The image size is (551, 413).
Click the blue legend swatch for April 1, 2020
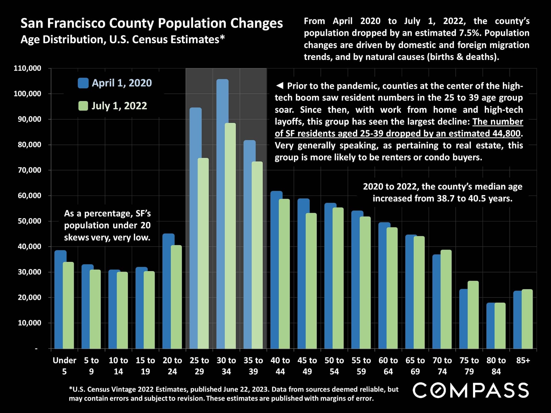click(x=83, y=83)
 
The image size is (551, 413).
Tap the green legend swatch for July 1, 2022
click(x=83, y=106)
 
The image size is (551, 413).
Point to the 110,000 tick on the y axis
click(x=28, y=68)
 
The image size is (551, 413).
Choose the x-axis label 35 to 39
click(x=253, y=366)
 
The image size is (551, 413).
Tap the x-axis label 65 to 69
click(x=415, y=366)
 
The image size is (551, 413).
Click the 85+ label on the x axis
click(x=523, y=360)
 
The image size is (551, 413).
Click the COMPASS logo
click(x=471, y=390)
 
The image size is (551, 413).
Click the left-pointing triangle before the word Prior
click(x=280, y=85)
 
